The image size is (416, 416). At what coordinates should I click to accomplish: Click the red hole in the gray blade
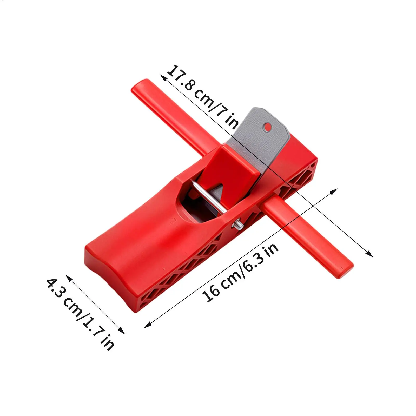pyautogui.click(x=267, y=127)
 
